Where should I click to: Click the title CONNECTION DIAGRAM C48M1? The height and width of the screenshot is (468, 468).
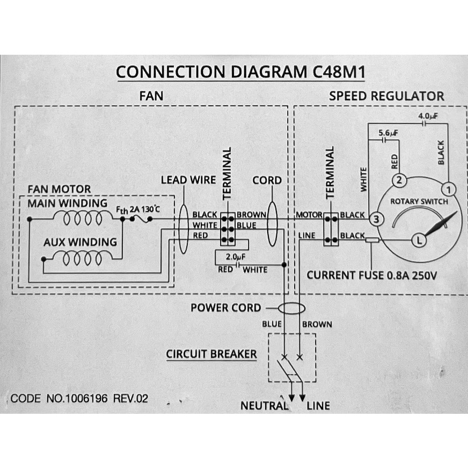pyautogui.click(x=240, y=72)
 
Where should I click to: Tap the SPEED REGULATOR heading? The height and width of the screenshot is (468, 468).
pyautogui.click(x=386, y=97)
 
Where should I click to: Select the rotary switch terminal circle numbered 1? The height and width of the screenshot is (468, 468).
pyautogui.click(x=449, y=189)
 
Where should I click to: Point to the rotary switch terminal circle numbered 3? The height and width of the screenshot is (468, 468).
pyautogui.click(x=376, y=219)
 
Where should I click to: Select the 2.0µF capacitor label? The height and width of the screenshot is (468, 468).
pyautogui.click(x=236, y=256)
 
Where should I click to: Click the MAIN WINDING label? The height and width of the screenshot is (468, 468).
pyautogui.click(x=68, y=204)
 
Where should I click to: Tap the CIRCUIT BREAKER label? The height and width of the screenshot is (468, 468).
pyautogui.click(x=211, y=354)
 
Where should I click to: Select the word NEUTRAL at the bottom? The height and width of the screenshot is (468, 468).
pyautogui.click(x=264, y=406)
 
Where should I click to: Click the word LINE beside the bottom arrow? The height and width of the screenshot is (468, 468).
pyautogui.click(x=318, y=406)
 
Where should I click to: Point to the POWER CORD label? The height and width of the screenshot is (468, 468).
pyautogui.click(x=225, y=308)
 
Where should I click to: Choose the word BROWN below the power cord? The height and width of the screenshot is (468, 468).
pyautogui.click(x=317, y=324)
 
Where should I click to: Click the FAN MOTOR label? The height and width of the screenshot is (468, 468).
pyautogui.click(x=59, y=189)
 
